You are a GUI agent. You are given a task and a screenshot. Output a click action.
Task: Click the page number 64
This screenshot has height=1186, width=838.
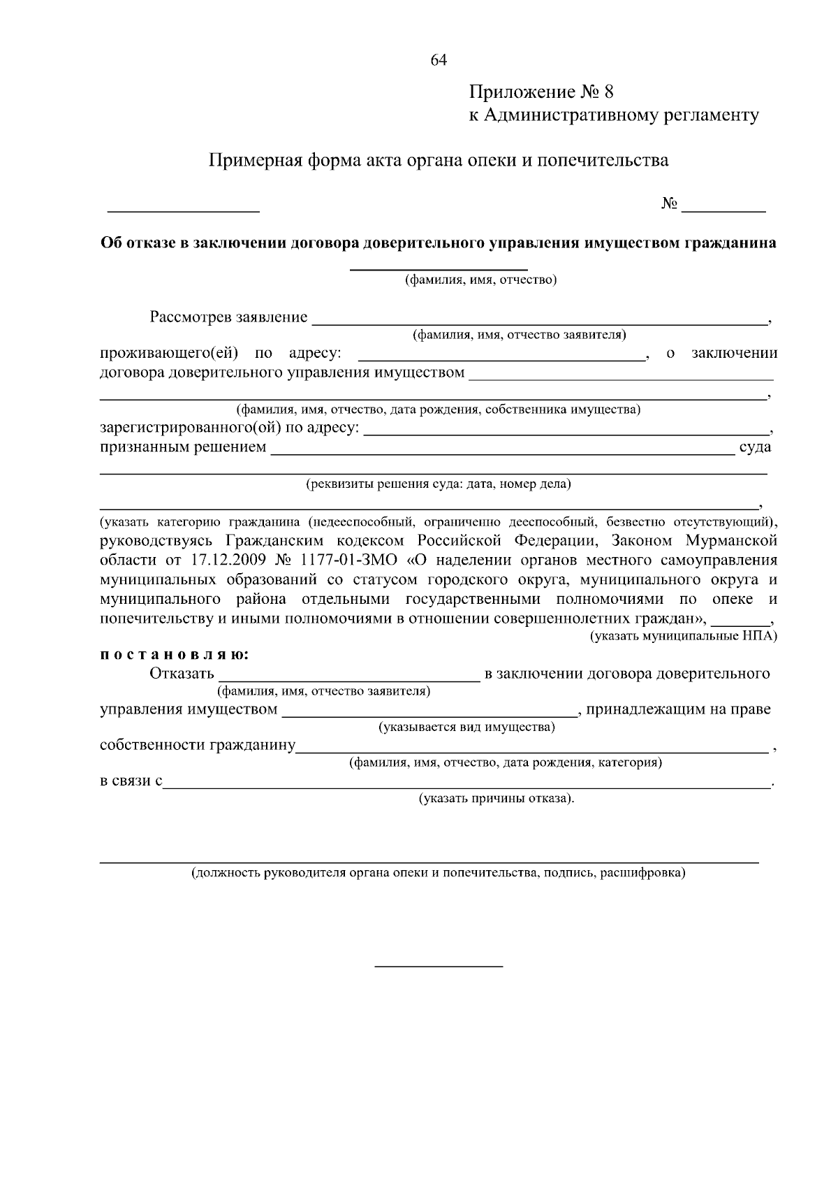pos(439,60)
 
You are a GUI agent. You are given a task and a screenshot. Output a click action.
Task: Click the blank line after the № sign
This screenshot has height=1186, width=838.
pos(723,208)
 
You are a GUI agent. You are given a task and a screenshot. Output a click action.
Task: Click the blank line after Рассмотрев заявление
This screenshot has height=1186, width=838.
pos(538,322)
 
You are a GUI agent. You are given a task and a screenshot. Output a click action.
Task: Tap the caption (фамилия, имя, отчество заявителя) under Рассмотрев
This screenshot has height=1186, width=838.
pos(519,335)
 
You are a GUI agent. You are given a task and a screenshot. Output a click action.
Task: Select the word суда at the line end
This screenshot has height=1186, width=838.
pos(754,447)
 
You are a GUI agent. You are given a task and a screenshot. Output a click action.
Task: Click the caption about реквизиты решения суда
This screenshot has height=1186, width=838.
pos(438,484)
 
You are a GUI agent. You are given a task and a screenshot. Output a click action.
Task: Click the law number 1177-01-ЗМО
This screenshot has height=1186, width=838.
pos(349,561)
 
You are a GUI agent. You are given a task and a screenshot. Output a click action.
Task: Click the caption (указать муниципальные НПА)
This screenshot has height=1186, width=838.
pos(684,637)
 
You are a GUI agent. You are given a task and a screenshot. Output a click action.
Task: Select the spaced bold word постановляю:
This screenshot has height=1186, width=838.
pos(174,656)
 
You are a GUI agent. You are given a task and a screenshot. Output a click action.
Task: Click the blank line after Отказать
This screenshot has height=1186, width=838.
pos(349,677)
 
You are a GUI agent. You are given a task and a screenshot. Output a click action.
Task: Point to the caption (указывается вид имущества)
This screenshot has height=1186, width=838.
pos(466,728)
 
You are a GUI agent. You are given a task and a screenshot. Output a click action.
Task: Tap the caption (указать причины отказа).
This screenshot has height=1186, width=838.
pos(497,799)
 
